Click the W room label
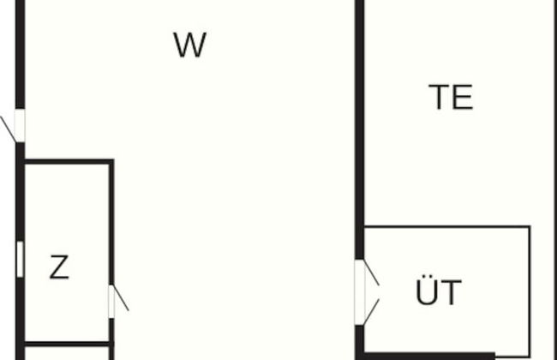(189, 45)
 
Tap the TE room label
(451, 98)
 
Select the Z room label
(58, 268)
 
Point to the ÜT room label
(439, 292)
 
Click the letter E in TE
(463, 98)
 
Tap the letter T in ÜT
(452, 293)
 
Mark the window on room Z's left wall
(20, 260)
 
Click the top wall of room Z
(67, 161)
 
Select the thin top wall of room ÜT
(446, 227)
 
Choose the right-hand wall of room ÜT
(529, 291)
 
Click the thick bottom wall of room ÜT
(428, 355)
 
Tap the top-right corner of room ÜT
(529, 228)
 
